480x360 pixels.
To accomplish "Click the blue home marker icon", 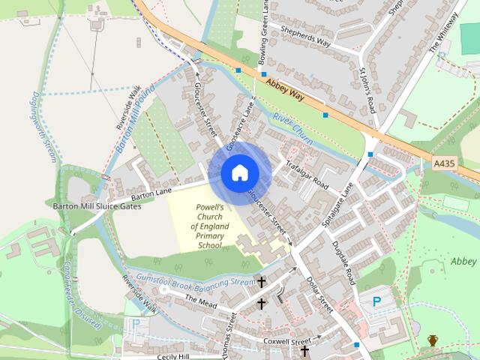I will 239,173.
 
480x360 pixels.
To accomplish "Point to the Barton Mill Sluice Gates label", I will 97,205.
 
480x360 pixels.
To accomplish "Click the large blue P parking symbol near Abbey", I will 376,302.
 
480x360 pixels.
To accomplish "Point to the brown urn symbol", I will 433,341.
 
